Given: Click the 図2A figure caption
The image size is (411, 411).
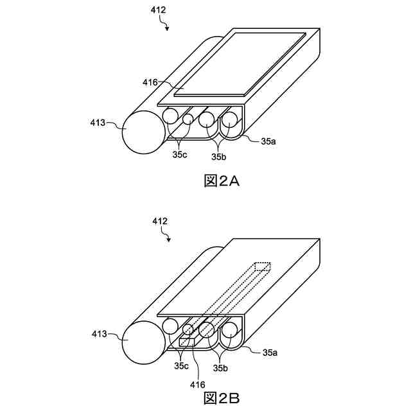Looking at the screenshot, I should click(x=221, y=181).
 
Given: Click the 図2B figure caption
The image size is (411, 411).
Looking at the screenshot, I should click(x=221, y=398).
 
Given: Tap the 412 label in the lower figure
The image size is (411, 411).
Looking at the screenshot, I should click(x=160, y=222).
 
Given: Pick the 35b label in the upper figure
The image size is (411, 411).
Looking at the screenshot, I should click(x=221, y=155).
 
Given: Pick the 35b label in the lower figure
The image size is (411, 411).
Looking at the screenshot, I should click(x=221, y=368).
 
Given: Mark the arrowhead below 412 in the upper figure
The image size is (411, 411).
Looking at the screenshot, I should click(x=167, y=28).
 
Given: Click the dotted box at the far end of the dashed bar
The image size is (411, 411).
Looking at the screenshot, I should click(x=263, y=267).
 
